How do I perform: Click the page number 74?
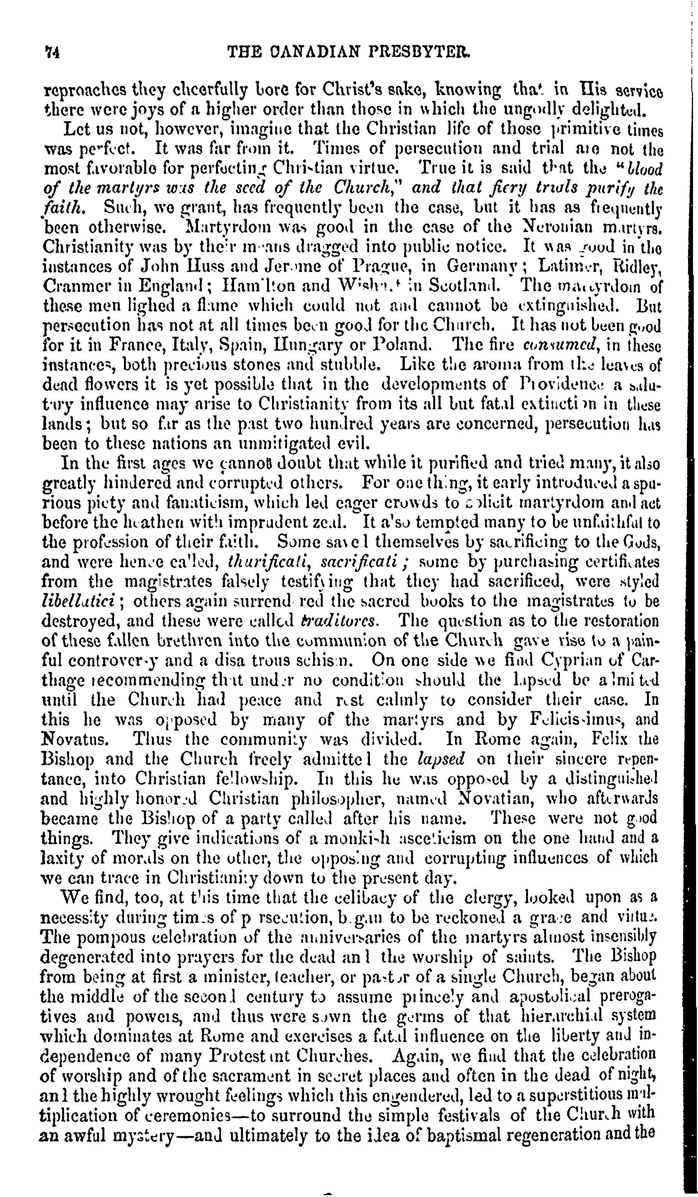pyautogui.click(x=51, y=51)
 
